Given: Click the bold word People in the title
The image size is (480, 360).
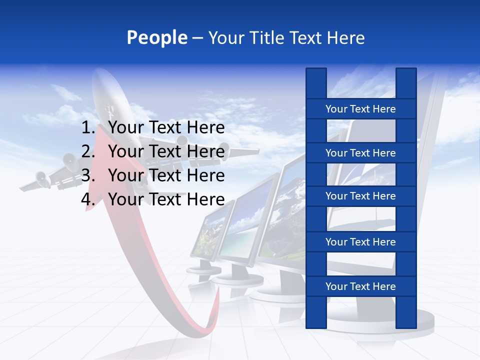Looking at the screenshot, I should pos(156,38).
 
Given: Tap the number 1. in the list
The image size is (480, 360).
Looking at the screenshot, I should pos(88,128).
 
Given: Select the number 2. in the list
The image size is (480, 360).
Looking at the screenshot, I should pos(88,151).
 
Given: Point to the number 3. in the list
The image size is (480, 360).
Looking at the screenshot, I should pos(88,175).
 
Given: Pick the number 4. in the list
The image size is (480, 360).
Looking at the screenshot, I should pos(88,199).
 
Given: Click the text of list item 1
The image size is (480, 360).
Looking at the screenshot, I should pos(166,128).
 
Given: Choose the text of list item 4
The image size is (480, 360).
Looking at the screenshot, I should pos(166,199).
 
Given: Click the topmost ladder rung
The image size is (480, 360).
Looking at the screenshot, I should pos(360,109).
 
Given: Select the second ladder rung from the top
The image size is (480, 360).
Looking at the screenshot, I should pos(360,153).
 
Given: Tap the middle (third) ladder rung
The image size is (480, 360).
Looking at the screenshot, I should pos(360,196).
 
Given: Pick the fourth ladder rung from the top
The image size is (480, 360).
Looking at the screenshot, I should pos(360,242).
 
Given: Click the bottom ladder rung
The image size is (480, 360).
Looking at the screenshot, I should pos(360,286).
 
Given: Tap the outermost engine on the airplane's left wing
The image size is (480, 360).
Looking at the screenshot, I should pos(40,177).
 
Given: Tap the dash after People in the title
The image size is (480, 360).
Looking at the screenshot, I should pos(197,38).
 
